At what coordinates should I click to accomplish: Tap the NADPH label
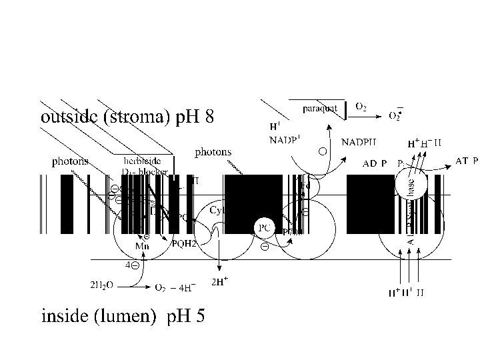tap(359, 141)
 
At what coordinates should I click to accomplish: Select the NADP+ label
tap(285, 139)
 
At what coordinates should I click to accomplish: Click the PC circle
tap(264, 227)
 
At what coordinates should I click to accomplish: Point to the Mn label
tap(143, 246)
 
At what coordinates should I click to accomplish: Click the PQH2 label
tap(184, 244)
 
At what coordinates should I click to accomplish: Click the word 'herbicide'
tap(141, 161)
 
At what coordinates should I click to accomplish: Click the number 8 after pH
tap(209, 118)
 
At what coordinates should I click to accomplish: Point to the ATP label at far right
tap(466, 160)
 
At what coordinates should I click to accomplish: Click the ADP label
tap(376, 163)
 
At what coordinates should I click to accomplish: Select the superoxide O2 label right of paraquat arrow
tap(395, 115)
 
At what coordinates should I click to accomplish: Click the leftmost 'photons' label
tap(70, 161)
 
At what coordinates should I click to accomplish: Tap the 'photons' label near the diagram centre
tap(213, 151)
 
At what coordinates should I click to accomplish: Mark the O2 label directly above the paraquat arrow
tap(360, 106)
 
